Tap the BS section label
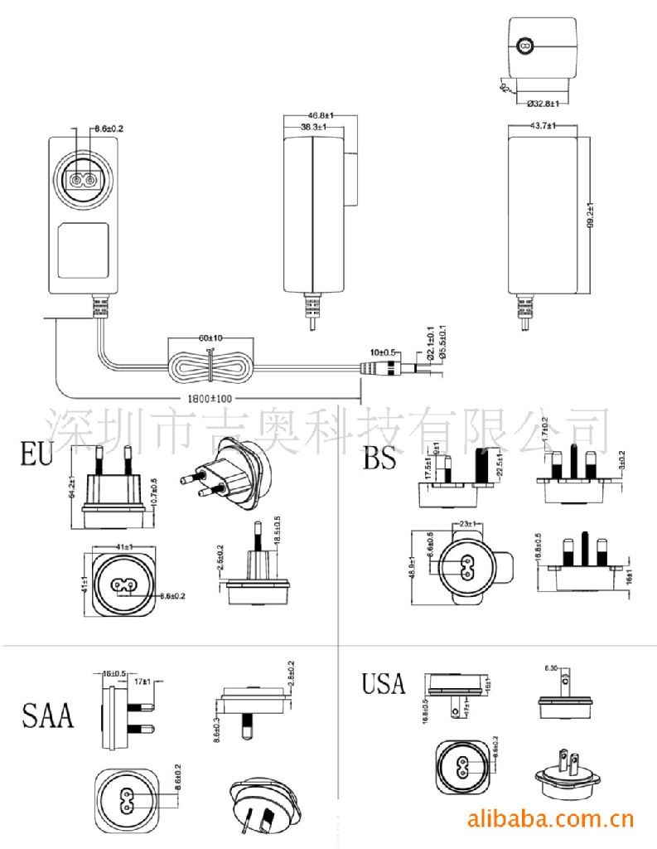point(379,458)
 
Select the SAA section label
point(48,714)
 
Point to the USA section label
point(383,683)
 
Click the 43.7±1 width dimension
point(542,125)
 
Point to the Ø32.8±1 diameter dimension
point(543,104)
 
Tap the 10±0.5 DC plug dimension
point(382,352)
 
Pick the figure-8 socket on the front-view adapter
point(81,180)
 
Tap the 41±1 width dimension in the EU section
point(126,547)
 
